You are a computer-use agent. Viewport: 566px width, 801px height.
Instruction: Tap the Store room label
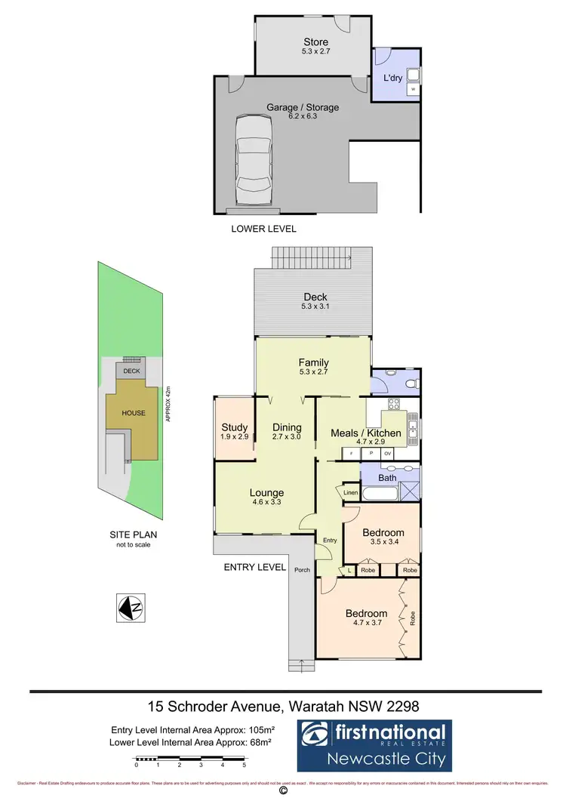315,42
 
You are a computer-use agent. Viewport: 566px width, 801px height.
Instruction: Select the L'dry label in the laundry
392,79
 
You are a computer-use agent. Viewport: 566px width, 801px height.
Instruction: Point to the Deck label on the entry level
315,297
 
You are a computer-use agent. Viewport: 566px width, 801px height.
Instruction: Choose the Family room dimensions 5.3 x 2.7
313,372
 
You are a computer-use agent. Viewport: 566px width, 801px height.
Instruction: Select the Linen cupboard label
350,493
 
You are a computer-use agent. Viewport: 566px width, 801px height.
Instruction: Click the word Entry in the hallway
330,541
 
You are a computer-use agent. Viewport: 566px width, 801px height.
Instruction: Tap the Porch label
302,570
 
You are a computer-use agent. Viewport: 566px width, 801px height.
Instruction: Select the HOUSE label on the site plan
134,413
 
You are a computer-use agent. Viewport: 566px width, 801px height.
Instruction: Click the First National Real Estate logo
373,743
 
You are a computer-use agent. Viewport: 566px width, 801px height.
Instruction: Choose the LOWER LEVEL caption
263,229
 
